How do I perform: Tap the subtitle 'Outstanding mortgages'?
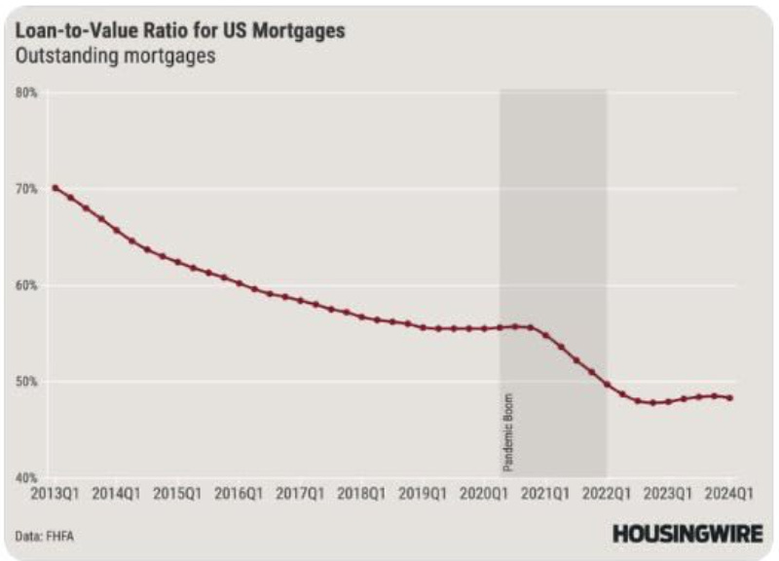tap(115, 56)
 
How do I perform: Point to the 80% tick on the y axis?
tap(26, 93)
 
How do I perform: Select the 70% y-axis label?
tap(26, 188)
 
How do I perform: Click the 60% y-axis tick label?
tap(26, 285)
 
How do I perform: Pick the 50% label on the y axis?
tap(26, 381)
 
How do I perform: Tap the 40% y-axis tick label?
tap(26, 477)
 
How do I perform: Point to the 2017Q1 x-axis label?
tap(302, 494)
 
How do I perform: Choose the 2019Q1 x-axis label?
tap(424, 494)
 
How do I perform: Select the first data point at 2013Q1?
tap(56, 188)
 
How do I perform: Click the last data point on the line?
tap(730, 397)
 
